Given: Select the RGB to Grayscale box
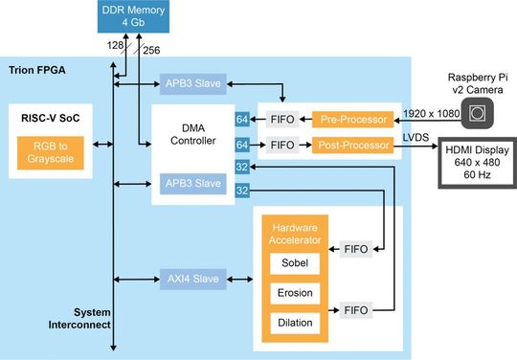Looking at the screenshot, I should point(49,153).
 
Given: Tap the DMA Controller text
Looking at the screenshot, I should point(193,134).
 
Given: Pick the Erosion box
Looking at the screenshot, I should point(294,292).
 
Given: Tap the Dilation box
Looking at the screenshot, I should point(294,323).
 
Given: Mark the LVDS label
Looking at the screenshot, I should point(416,137).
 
